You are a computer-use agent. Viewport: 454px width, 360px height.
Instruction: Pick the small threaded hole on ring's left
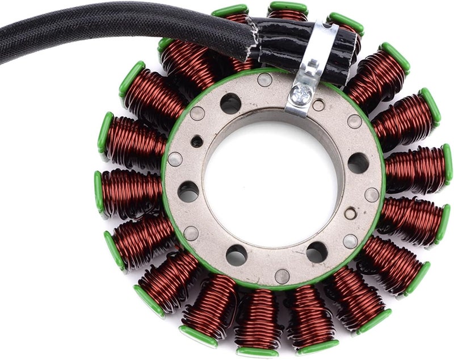(x=196, y=141)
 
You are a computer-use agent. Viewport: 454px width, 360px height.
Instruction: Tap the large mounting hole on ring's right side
(x=358, y=163)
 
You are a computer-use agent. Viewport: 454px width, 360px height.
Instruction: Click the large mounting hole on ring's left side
(x=188, y=192)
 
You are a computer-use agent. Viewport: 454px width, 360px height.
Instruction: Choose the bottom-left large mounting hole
(x=237, y=255)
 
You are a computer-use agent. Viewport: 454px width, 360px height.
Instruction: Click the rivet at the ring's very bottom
(x=282, y=276)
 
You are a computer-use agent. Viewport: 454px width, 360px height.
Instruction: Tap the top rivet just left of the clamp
(x=264, y=79)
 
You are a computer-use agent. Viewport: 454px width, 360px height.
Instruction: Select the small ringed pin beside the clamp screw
(x=319, y=105)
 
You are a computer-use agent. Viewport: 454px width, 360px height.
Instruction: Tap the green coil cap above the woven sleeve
(x=230, y=11)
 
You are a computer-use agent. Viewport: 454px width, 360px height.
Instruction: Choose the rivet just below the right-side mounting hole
(x=372, y=194)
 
